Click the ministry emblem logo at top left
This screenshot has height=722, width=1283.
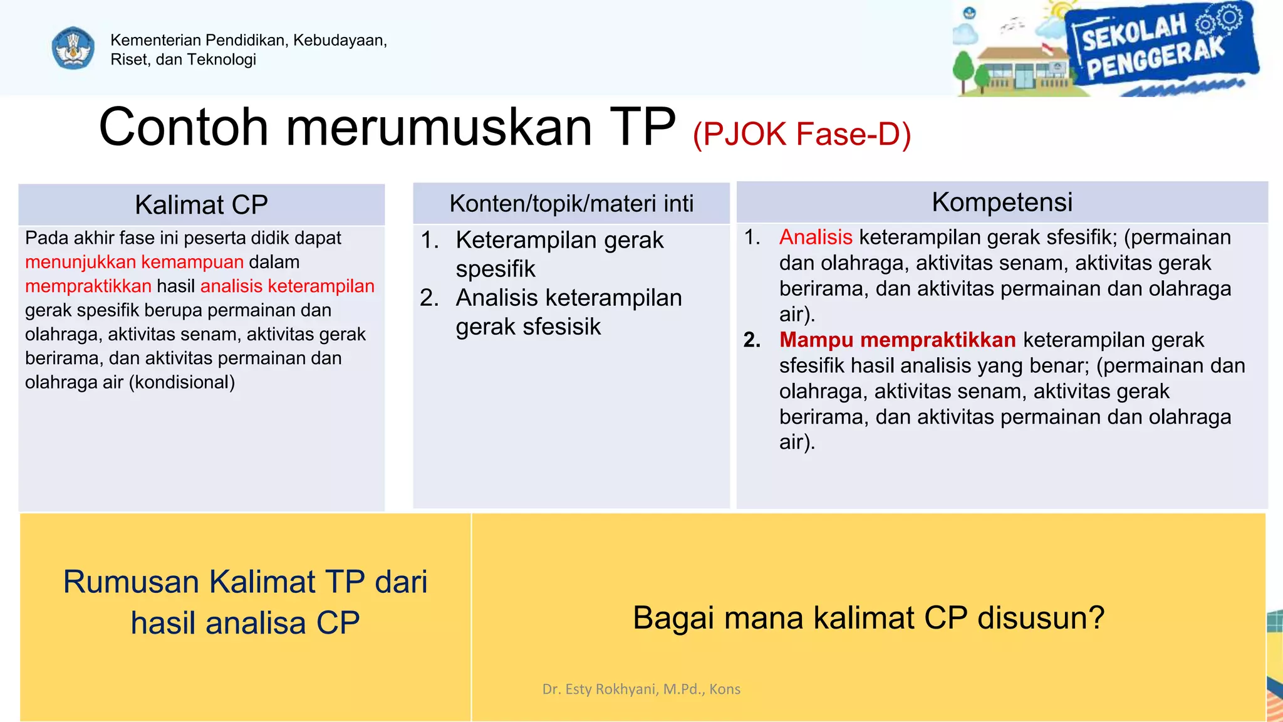click(73, 48)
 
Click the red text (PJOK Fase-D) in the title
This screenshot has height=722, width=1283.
click(802, 134)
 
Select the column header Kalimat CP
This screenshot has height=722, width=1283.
click(201, 205)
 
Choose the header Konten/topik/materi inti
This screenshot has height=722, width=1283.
click(571, 204)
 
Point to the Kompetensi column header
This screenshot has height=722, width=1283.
click(1002, 202)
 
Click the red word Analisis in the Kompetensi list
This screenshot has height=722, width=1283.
click(816, 238)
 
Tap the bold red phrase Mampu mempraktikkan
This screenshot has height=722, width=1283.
click(897, 340)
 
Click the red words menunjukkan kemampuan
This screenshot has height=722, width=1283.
click(134, 262)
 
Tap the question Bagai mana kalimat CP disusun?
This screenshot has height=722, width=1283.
click(868, 618)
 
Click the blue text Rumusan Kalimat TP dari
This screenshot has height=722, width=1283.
click(245, 582)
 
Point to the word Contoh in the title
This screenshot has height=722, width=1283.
click(184, 127)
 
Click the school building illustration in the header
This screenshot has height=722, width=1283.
click(1021, 69)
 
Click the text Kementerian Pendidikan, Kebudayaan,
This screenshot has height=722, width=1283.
click(249, 40)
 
